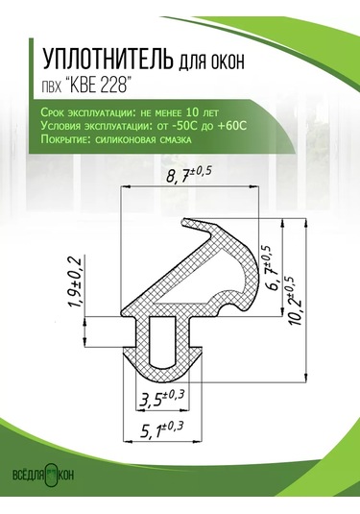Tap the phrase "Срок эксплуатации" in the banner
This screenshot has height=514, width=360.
click(72, 113)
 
